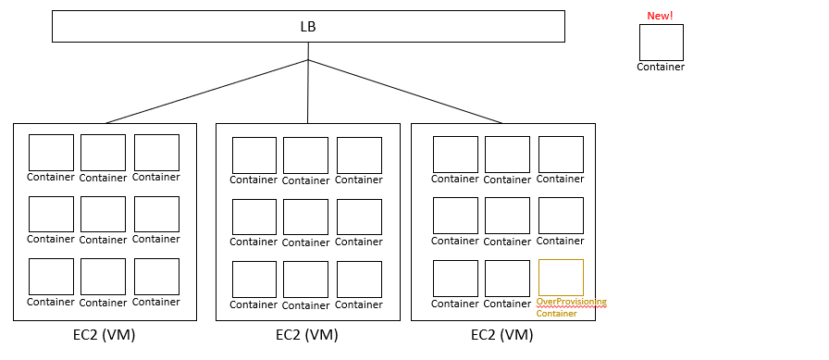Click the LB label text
(308, 26)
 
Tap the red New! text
(660, 16)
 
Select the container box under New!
(661, 43)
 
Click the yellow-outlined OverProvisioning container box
(561, 278)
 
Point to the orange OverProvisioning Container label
(571, 307)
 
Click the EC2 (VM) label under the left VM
(105, 335)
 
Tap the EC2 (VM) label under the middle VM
(307, 335)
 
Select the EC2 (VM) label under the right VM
(502, 335)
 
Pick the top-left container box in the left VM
(51, 153)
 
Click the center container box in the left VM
(103, 215)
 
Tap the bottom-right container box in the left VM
(156, 277)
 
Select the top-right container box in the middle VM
(359, 155)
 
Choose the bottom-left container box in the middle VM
(254, 279)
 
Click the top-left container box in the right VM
(455, 155)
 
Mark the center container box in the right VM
(507, 216)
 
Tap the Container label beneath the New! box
(661, 67)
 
